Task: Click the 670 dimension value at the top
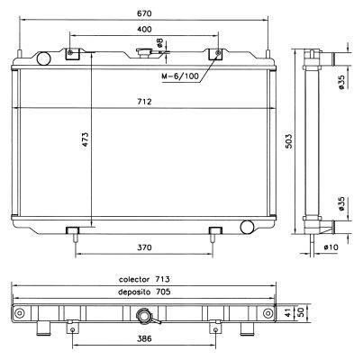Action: (144, 13)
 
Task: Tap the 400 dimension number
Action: (144, 30)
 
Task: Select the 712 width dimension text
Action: (144, 102)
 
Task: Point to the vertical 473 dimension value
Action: (86, 139)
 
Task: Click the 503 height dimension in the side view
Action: (288, 140)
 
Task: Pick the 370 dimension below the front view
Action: (144, 247)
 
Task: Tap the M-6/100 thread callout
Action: (180, 76)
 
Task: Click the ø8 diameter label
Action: (159, 43)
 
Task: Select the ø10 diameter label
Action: (331, 247)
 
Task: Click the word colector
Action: (134, 280)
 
